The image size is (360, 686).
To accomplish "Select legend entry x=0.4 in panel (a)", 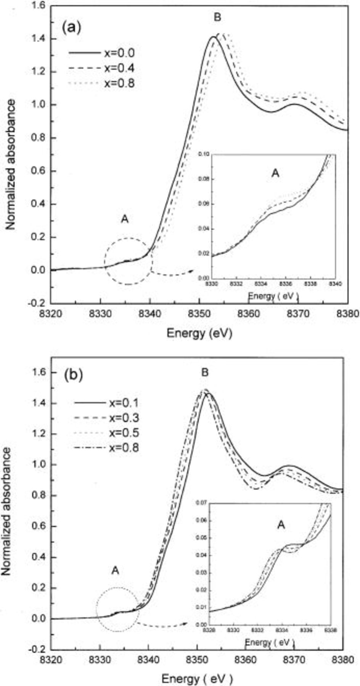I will click(x=119, y=68).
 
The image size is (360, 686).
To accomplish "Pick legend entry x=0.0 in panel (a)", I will click(x=119, y=53).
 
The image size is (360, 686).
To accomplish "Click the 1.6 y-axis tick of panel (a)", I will click(x=39, y=6).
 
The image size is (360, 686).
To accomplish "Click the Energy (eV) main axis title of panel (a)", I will click(x=199, y=333).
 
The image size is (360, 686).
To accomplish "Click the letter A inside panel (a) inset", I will click(x=275, y=173).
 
